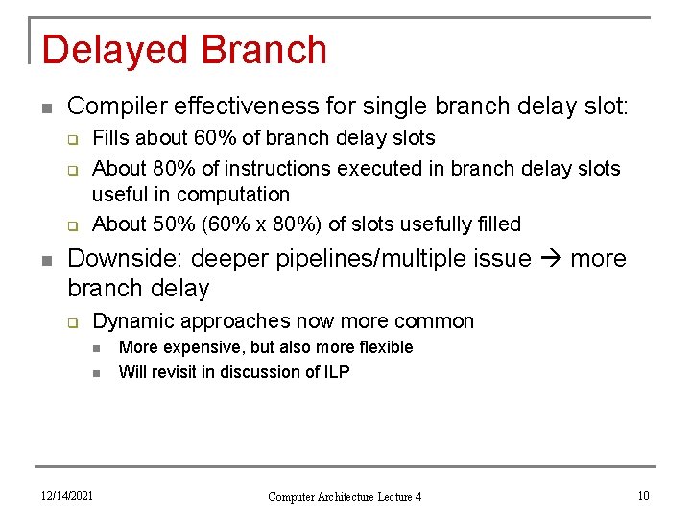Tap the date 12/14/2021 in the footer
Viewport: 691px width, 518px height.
66,495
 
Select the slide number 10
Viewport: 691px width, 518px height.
643,495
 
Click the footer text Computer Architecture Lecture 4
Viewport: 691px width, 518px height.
345,496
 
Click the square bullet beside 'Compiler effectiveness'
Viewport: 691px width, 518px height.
46,106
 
